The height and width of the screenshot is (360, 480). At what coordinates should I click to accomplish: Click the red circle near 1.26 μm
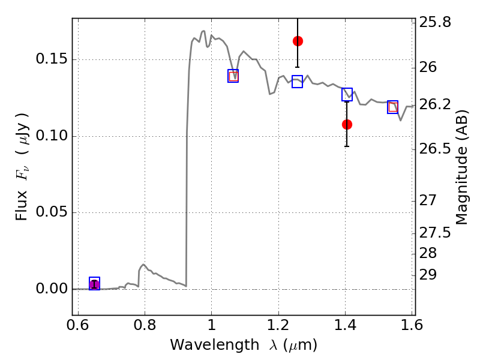298,41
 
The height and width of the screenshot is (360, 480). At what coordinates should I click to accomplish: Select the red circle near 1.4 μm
347,125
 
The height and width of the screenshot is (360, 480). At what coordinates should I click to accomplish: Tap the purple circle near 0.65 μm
94,284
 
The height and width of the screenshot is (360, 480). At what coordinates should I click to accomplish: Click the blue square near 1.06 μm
233,76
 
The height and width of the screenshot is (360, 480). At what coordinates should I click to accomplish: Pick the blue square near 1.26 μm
297,82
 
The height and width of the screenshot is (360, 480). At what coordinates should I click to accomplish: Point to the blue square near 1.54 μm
392,107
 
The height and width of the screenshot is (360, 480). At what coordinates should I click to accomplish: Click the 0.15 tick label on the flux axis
52,58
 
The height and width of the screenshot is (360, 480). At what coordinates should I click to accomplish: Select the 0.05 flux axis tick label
52,212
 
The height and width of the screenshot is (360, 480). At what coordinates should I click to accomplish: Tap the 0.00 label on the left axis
52,289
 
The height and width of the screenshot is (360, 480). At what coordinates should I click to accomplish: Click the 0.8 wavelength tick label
145,325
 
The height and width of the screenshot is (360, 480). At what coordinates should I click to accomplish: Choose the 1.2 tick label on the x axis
278,325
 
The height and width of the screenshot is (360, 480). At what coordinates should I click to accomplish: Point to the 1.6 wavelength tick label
412,325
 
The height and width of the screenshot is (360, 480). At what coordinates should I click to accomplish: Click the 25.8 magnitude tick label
435,22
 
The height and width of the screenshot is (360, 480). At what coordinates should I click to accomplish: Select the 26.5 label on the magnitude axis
435,149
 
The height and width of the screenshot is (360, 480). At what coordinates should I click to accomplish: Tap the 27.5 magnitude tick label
435,233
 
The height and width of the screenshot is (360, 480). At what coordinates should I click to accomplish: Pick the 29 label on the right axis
428,275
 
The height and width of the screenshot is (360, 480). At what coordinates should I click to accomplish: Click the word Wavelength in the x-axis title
215,344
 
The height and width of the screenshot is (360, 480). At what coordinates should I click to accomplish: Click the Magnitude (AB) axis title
461,167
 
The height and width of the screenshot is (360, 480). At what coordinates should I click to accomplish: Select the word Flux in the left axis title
22,205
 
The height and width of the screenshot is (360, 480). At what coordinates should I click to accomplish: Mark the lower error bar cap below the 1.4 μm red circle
347,146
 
